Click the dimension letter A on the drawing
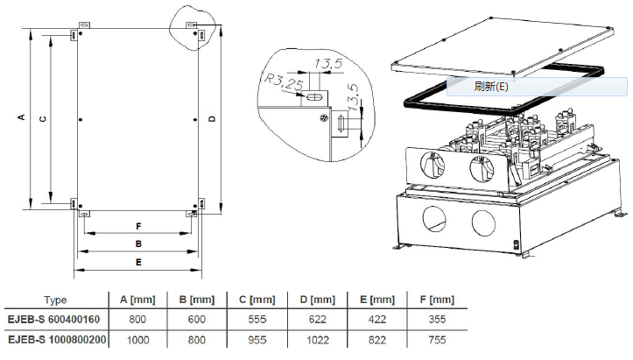pyautogui.click(x=21, y=116)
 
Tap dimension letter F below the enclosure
pyautogui.click(x=138, y=226)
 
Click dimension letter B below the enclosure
pyautogui.click(x=138, y=244)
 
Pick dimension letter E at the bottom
pyautogui.click(x=138, y=262)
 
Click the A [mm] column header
pyautogui.click(x=137, y=300)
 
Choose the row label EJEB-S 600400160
pyautogui.click(x=55, y=320)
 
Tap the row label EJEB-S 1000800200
pyautogui.click(x=55, y=339)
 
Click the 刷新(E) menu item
pyautogui.click(x=490, y=87)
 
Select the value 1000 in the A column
pyautogui.click(x=137, y=339)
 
